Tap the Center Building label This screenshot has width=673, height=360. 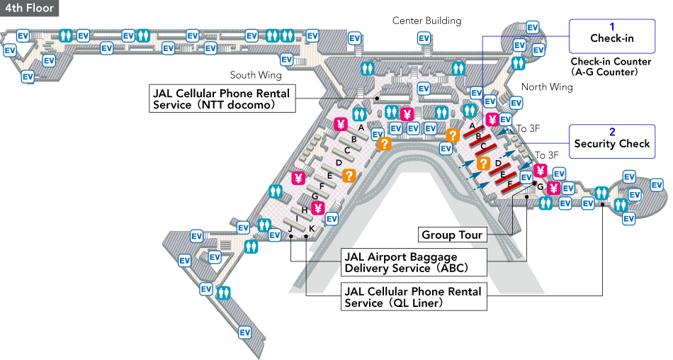[x=426, y=21]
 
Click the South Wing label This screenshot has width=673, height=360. [x=256, y=75]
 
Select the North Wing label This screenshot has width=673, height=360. [x=547, y=87]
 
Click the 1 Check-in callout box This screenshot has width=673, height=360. [x=611, y=33]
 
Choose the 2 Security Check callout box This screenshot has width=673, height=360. [x=611, y=138]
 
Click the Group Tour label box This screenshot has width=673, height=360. [x=451, y=235]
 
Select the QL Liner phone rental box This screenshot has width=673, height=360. [x=414, y=297]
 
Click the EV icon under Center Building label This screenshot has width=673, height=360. [x=424, y=38]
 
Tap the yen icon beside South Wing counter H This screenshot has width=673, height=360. [x=318, y=208]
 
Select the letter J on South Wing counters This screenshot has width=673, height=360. [x=290, y=230]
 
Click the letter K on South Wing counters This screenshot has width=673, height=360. [x=312, y=230]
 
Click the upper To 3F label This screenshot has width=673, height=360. [x=528, y=128]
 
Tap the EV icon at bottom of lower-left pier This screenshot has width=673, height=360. [x=245, y=332]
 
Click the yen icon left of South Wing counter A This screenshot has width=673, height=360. [x=341, y=125]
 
